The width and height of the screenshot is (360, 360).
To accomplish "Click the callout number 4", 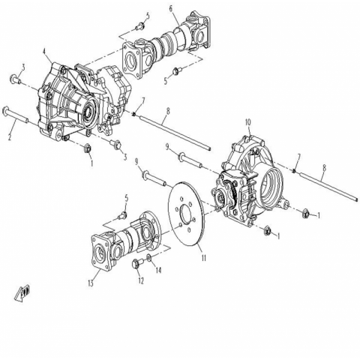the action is (x=44, y=52).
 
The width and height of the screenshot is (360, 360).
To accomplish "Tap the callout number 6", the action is (x=171, y=8).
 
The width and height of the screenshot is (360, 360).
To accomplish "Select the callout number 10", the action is (x=247, y=122).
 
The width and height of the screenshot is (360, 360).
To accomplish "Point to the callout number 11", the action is (x=204, y=258).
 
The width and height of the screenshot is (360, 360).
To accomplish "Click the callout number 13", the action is (x=91, y=283).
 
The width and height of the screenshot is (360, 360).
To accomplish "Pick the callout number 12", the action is (x=141, y=280).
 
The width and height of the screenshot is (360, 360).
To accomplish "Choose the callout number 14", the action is (x=158, y=270).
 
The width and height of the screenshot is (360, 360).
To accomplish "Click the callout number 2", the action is (x=10, y=137).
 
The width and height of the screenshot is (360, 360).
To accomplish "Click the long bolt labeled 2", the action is (x=16, y=115).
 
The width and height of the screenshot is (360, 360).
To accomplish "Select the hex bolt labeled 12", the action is (x=137, y=263).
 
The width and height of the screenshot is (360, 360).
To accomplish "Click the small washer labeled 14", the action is (x=148, y=257).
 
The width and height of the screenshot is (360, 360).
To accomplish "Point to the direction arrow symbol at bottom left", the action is (x=23, y=292).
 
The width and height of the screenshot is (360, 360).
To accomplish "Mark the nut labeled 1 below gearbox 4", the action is (x=88, y=148).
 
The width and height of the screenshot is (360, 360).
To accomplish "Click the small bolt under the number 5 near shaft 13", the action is (x=124, y=214).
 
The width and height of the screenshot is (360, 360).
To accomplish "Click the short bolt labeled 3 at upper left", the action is (x=15, y=79).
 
